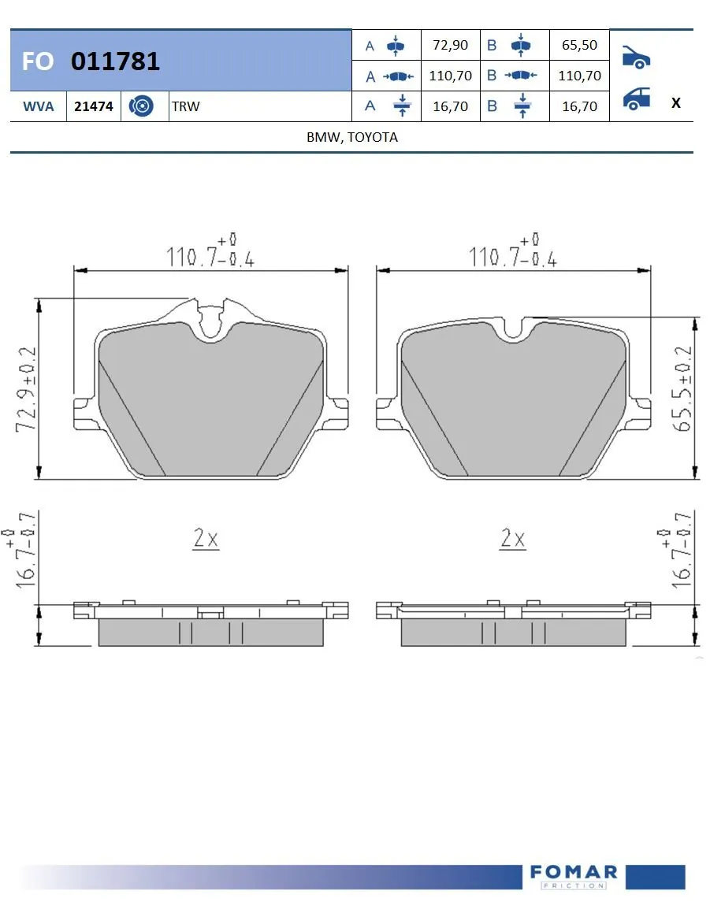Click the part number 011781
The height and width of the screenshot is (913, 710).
(115, 61)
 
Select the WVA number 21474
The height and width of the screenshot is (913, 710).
(92, 106)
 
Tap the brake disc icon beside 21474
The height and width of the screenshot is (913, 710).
(141, 106)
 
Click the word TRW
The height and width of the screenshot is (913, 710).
(186, 106)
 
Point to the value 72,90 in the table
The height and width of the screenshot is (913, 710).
(451, 45)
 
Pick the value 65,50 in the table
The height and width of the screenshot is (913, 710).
(579, 45)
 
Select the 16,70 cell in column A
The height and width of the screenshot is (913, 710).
(451, 106)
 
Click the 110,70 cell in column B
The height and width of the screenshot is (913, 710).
(579, 76)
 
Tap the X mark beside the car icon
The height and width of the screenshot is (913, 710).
(675, 102)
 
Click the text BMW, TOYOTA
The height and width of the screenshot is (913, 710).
(351, 137)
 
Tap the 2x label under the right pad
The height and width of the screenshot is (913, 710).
(513, 539)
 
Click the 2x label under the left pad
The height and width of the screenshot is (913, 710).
(206, 539)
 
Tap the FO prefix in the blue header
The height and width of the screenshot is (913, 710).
(37, 61)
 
